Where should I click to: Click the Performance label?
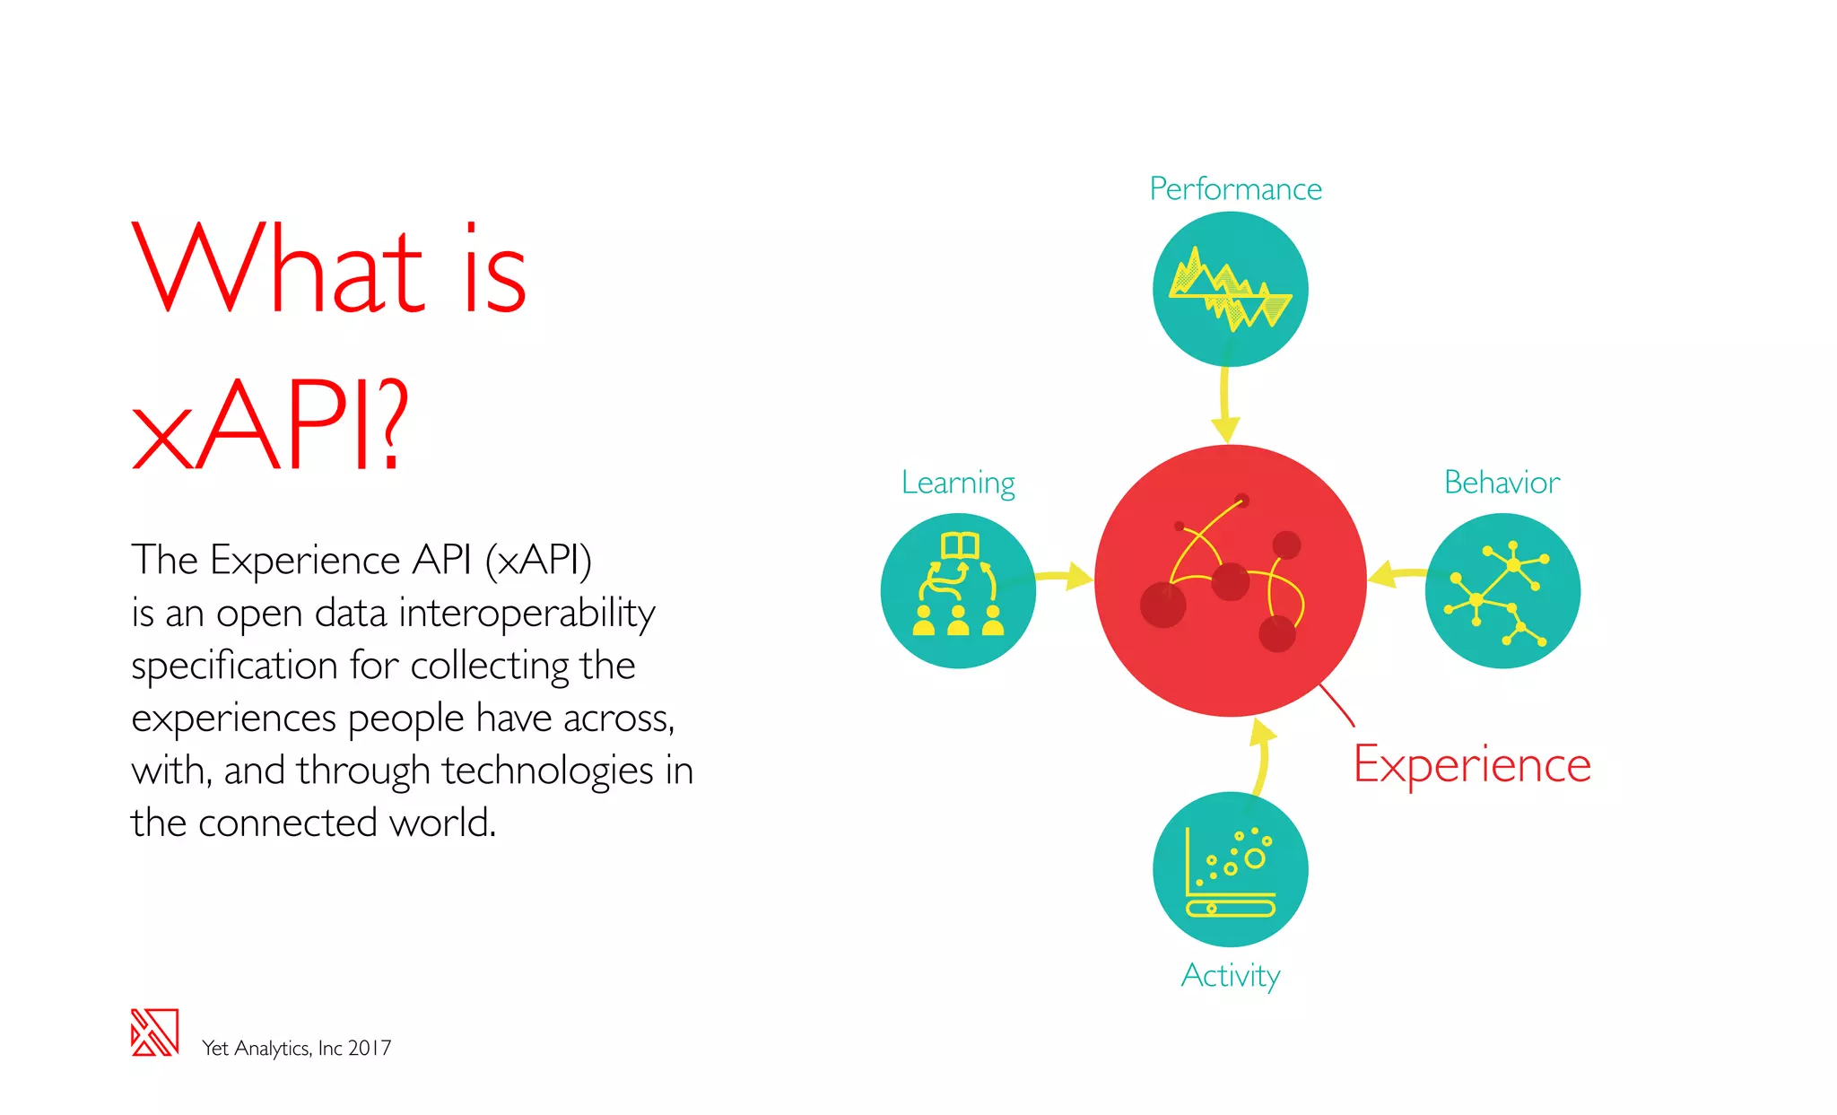click(x=1235, y=189)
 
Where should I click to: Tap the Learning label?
click(x=958, y=483)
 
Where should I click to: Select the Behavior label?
click(x=1502, y=483)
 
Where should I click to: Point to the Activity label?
click(x=1231, y=975)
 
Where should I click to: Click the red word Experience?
click(x=1472, y=765)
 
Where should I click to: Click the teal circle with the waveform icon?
click(x=1230, y=289)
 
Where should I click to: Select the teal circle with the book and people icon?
click(x=958, y=591)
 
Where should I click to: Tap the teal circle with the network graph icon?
click(x=1502, y=591)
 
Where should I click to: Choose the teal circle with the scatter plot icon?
click(x=1230, y=869)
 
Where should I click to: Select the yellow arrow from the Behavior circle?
click(x=1395, y=574)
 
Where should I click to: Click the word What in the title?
click(x=278, y=269)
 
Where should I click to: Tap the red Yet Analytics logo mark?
click(x=154, y=1032)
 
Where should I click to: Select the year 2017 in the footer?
click(x=370, y=1048)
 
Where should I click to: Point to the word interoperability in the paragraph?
click(x=527, y=614)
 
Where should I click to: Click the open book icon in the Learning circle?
click(x=959, y=544)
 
